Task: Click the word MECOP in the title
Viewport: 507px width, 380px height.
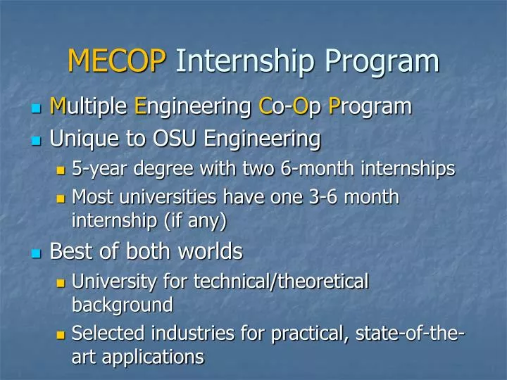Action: [117, 61]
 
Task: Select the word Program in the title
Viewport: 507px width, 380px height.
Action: [382, 61]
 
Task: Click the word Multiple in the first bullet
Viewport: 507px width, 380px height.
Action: [89, 107]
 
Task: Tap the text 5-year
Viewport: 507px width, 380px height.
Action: [96, 169]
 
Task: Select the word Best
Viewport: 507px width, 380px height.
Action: [72, 251]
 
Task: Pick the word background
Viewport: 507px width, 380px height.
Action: [123, 305]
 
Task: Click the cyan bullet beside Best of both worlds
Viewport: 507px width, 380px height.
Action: [36, 253]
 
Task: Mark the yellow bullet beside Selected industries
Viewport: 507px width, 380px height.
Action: [60, 333]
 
